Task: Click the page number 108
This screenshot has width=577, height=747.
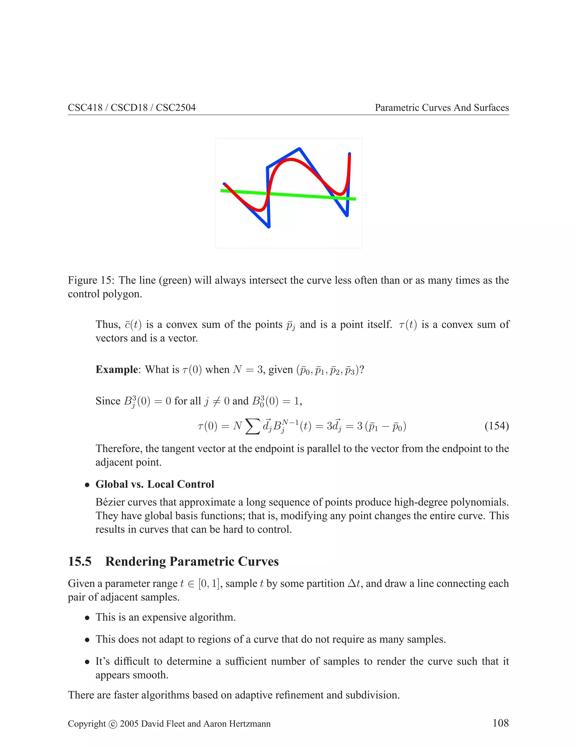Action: (x=500, y=723)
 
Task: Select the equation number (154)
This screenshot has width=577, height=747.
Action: (x=496, y=426)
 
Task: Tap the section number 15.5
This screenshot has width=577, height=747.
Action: (x=80, y=562)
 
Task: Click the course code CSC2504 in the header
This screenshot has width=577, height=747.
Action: (x=176, y=108)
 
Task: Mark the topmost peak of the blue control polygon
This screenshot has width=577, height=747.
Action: (x=299, y=149)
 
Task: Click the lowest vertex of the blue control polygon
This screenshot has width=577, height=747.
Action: (x=269, y=226)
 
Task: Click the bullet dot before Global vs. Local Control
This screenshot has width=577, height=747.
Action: (x=88, y=485)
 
